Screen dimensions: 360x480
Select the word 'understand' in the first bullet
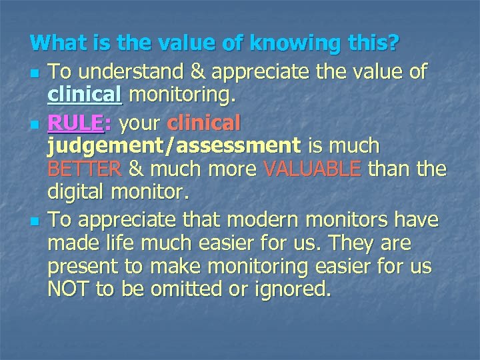pyautogui.click(x=127, y=71)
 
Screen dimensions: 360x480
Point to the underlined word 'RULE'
pyautogui.click(x=75, y=123)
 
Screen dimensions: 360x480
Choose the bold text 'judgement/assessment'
pyautogui.click(x=172, y=145)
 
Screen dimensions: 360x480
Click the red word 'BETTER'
pyautogui.click(x=84, y=169)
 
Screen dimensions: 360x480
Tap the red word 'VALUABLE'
pyautogui.click(x=313, y=169)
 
